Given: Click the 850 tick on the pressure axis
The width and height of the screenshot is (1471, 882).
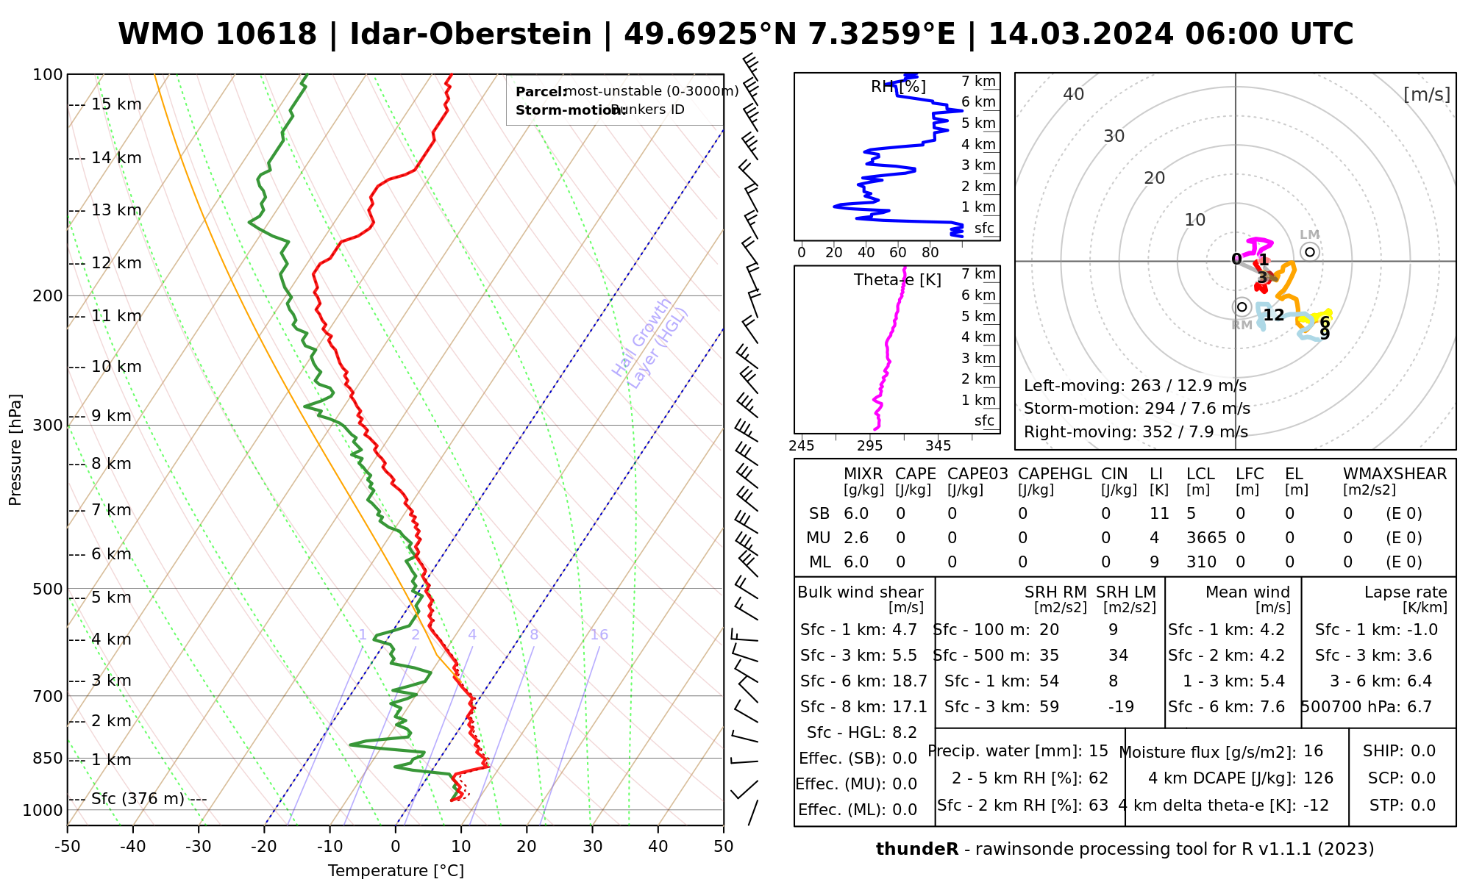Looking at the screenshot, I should click(x=48, y=758).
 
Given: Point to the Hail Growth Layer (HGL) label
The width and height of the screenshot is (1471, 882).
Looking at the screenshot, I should click(x=650, y=343).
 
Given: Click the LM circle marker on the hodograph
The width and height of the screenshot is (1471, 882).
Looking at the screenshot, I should click(x=1310, y=252).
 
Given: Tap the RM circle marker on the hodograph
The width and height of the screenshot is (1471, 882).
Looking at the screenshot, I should click(x=1242, y=306).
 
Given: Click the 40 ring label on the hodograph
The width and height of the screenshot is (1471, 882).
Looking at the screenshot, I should click(x=1074, y=94).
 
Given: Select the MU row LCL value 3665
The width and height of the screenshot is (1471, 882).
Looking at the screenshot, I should click(x=1206, y=538).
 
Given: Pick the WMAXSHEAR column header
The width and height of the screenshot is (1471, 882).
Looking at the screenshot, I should click(x=1395, y=474).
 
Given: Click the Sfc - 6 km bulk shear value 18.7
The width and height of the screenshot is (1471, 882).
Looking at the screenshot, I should click(x=910, y=681).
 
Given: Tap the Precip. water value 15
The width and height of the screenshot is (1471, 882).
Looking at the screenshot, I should click(x=1098, y=751).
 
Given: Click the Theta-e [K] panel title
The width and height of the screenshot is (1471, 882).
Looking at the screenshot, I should click(x=897, y=280).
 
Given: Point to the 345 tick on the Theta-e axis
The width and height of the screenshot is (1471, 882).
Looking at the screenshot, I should click(x=938, y=445).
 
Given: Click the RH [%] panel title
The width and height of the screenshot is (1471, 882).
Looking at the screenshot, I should click(x=898, y=87).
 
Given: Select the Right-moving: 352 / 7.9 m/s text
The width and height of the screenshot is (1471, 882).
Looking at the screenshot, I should click(x=1136, y=432).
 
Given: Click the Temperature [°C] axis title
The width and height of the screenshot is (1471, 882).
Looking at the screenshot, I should click(x=396, y=871).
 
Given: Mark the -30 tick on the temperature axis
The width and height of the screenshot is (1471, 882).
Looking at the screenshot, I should click(x=199, y=847).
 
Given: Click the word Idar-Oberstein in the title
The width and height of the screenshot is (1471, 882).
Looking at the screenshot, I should click(x=471, y=35).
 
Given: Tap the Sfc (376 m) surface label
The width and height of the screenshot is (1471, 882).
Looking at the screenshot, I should click(x=138, y=799).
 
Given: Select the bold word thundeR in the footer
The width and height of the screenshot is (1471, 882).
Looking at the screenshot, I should click(x=917, y=850).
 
